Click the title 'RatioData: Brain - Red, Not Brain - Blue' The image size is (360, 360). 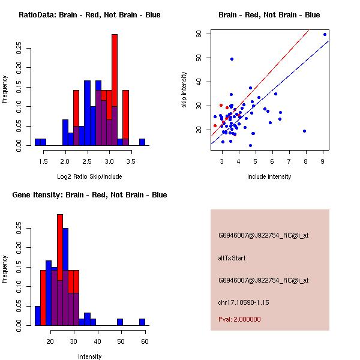[89, 15]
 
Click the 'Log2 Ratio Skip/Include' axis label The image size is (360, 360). [89, 176]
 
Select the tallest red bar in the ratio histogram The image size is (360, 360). [115, 90]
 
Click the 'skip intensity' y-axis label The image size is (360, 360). [184, 90]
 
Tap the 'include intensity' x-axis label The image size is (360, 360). [269, 176]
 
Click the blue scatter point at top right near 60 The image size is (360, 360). [325, 34]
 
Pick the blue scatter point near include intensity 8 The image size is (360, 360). [305, 131]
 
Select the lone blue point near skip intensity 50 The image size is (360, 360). [232, 59]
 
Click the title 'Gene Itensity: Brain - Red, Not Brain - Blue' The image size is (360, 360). [89, 195]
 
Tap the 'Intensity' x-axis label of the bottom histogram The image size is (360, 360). [89, 356]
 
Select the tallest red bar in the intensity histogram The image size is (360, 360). [60, 270]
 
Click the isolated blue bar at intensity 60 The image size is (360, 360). [142, 322]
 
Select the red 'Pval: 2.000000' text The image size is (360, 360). [239, 319]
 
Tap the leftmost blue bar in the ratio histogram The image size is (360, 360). [37, 142]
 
